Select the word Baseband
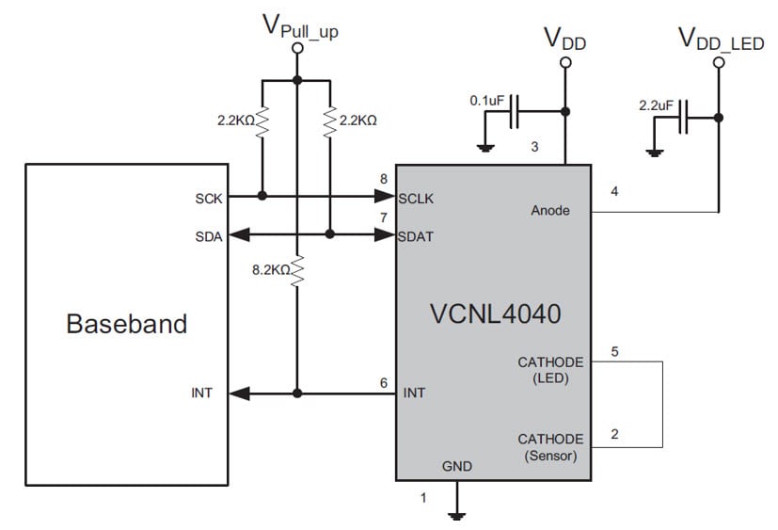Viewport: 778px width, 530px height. (x=126, y=325)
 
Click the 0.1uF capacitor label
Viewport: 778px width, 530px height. (x=488, y=99)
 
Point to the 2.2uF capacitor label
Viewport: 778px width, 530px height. (x=657, y=105)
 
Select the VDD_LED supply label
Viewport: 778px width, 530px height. (x=720, y=40)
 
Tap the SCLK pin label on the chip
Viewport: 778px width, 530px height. (x=416, y=199)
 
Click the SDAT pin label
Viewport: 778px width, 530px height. (x=415, y=236)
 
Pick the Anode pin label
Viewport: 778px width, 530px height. (x=550, y=210)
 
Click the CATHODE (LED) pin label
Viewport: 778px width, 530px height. (x=550, y=369)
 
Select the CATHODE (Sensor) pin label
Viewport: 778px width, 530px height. (x=550, y=446)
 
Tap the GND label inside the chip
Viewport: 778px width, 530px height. (x=457, y=466)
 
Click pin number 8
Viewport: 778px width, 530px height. (x=384, y=179)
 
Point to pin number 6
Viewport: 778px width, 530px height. (x=384, y=382)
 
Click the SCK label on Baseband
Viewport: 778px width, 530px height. (x=209, y=199)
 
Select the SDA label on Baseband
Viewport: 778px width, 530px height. (x=209, y=236)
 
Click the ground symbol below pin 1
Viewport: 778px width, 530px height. (x=457, y=514)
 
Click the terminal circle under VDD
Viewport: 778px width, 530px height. (x=565, y=63)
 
